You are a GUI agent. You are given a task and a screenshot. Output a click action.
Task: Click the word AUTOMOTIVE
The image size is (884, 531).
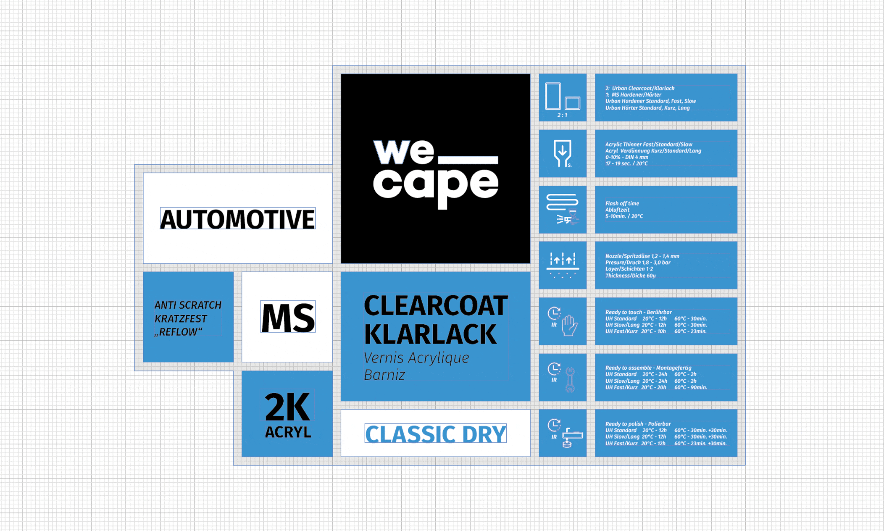[237, 219]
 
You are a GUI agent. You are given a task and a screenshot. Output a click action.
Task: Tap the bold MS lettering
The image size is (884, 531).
[288, 317]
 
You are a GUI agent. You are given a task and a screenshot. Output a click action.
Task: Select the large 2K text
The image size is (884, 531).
[288, 407]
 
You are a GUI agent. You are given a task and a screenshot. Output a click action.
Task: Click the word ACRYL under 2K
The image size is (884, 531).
[288, 432]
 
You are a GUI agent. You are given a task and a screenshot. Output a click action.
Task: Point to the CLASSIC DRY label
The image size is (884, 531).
[436, 434]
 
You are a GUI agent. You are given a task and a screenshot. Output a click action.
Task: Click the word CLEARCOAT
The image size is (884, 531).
[436, 305]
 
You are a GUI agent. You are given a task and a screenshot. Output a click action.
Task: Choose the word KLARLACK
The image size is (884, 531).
[430, 334]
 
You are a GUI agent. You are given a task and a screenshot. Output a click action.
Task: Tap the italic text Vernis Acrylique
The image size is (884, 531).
[416, 358]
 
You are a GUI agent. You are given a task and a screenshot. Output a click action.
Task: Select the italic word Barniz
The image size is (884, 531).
[384, 375]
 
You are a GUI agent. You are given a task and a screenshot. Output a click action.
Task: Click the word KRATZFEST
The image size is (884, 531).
[181, 318]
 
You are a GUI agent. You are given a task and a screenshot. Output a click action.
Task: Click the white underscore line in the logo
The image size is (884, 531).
[468, 160]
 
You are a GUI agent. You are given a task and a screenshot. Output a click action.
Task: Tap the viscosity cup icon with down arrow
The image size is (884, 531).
[563, 153]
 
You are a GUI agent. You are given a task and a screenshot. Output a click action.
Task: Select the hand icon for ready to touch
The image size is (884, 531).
[569, 325]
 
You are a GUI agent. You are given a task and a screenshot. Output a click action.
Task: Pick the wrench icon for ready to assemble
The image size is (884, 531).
[570, 379]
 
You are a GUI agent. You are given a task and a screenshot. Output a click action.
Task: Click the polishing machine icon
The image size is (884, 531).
[572, 437]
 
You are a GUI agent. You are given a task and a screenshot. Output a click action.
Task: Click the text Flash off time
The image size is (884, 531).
[622, 203]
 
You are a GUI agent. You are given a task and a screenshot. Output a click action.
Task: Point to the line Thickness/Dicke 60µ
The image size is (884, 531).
[630, 276]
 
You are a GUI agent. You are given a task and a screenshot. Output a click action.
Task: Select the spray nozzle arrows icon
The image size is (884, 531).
[563, 265]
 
